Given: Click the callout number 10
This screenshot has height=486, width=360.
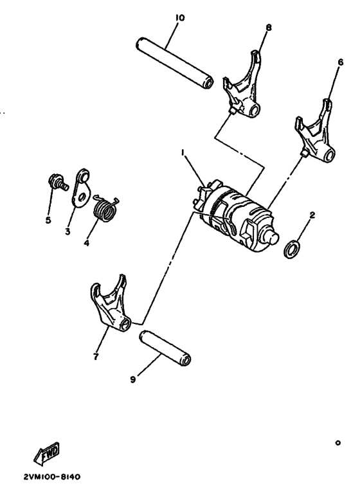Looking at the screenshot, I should (x=179, y=17).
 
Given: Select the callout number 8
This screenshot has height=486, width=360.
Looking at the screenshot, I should (x=269, y=28).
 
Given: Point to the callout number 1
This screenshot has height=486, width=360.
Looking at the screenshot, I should (x=183, y=153).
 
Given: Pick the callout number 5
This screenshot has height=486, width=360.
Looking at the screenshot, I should (x=48, y=220).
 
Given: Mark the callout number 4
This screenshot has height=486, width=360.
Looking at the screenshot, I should (x=86, y=243).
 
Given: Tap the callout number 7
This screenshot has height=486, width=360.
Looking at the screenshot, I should (x=96, y=356).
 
